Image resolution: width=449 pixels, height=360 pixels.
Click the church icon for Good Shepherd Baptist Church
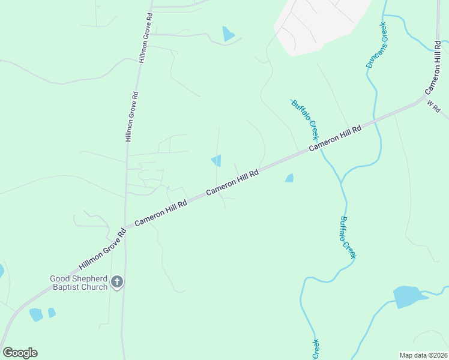[x=117, y=281]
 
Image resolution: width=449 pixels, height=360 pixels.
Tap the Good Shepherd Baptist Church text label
[x=79, y=282]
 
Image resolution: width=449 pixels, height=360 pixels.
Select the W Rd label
[x=434, y=107]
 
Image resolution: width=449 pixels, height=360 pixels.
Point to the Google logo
[x=20, y=353]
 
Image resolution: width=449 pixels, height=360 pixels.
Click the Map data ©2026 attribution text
[x=423, y=355]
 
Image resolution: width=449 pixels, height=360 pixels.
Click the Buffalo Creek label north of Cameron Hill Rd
[x=304, y=119]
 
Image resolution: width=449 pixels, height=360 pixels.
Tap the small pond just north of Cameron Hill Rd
[x=217, y=160]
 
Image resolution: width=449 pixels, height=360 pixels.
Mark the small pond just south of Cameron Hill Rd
[x=290, y=178]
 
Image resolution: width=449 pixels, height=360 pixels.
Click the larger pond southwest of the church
[x=36, y=314]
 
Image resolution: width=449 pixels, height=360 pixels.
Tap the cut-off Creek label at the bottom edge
[x=316, y=349]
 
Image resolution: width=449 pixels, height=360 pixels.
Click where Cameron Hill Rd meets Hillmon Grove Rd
[x=125, y=228]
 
